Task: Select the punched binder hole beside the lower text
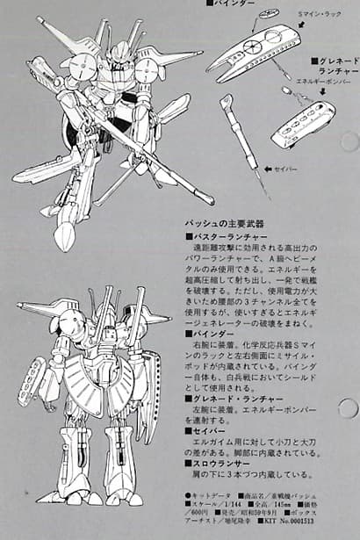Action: [x=349, y=408]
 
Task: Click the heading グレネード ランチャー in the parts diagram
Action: [x=335, y=66]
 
